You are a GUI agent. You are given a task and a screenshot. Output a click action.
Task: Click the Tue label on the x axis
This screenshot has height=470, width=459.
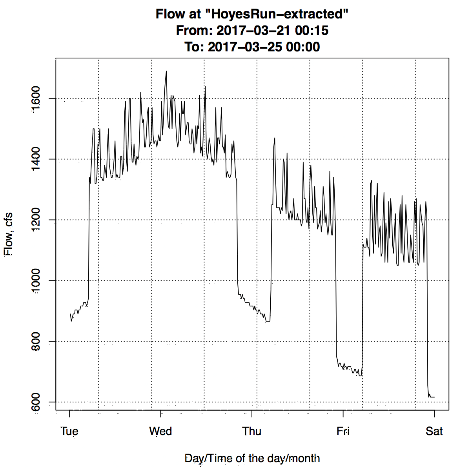point(69,431)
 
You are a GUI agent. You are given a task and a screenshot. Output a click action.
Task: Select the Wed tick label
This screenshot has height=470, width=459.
point(160,431)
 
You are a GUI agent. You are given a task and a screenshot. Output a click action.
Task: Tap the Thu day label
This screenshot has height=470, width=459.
point(252,431)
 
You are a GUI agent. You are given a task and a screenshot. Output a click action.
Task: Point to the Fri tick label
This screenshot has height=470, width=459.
point(343,431)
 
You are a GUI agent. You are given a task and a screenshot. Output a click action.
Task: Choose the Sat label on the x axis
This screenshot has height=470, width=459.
point(434,431)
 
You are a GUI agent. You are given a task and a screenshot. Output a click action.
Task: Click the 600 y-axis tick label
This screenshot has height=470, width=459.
point(36,402)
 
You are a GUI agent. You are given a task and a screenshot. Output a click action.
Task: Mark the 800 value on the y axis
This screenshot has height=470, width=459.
point(36,341)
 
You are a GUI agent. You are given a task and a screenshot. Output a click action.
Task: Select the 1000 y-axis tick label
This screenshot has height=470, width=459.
point(36,281)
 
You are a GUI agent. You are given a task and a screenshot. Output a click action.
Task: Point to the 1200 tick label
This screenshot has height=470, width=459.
point(36,220)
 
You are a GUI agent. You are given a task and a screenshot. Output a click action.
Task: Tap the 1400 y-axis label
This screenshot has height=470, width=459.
point(36,159)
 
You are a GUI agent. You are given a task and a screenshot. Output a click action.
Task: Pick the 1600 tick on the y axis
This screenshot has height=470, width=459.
point(36,98)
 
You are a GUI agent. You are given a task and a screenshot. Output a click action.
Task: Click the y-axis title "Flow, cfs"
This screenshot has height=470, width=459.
point(9,234)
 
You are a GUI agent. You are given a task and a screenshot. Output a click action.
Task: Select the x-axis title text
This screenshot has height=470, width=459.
point(252,458)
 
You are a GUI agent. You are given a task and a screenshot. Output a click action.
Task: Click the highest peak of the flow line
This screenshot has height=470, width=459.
point(166,71)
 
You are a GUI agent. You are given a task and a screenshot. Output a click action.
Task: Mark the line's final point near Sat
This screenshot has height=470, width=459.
point(434,397)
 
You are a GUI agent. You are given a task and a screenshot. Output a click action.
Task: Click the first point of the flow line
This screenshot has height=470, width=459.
point(71,314)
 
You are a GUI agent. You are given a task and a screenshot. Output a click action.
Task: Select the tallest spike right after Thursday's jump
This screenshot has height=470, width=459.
point(275,138)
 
